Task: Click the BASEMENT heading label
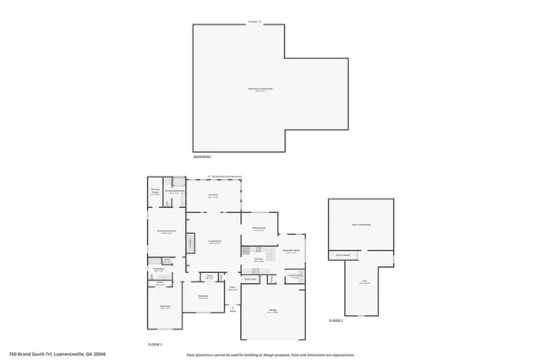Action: pyautogui.click(x=201, y=157)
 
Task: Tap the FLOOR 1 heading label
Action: pyautogui.click(x=155, y=345)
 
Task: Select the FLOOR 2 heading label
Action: pyautogui.click(x=336, y=321)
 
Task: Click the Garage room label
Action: pyautogui.click(x=273, y=312)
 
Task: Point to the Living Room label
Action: pyautogui.click(x=215, y=242)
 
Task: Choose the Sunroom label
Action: pyautogui.click(x=214, y=195)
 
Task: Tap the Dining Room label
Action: pyautogui.click(x=259, y=228)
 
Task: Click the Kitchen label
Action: pyautogui.click(x=259, y=260)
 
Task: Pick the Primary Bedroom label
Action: pyautogui.click(x=166, y=232)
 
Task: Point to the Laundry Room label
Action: pyautogui.click(x=294, y=275)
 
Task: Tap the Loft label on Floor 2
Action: pyautogui.click(x=363, y=283)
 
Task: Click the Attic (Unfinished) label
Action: pyautogui.click(x=361, y=225)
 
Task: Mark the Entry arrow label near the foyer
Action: pyautogui.click(x=232, y=309)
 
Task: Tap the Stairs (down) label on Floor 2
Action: pyautogui.click(x=343, y=255)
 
